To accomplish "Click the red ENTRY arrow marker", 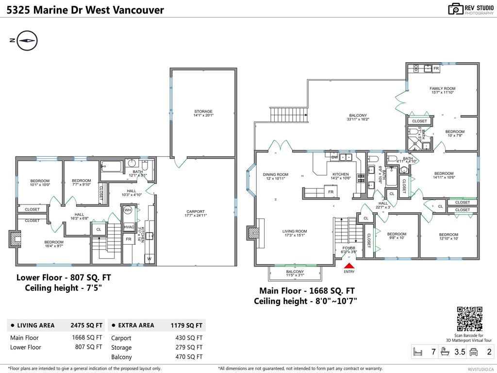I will pyautogui.click(x=349, y=266).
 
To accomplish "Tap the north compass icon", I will pyautogui.click(x=27, y=40).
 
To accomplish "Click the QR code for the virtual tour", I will pyautogui.click(x=469, y=319).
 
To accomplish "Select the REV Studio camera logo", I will pyautogui.click(x=456, y=9).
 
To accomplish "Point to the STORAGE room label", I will pyautogui.click(x=203, y=112).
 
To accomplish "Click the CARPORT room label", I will pyautogui.click(x=196, y=212).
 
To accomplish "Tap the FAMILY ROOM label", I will pyautogui.click(x=442, y=89).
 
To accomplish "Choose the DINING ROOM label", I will pyautogui.click(x=276, y=175).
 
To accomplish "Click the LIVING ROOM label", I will pyautogui.click(x=295, y=232).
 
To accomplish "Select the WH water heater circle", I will pyautogui.click(x=128, y=210).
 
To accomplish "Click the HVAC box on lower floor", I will pyautogui.click(x=129, y=227).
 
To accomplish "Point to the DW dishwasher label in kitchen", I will pyautogui.click(x=334, y=157).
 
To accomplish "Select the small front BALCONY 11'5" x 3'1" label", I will pyautogui.click(x=295, y=272).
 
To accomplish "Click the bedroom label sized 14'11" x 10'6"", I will pyautogui.click(x=444, y=174).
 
